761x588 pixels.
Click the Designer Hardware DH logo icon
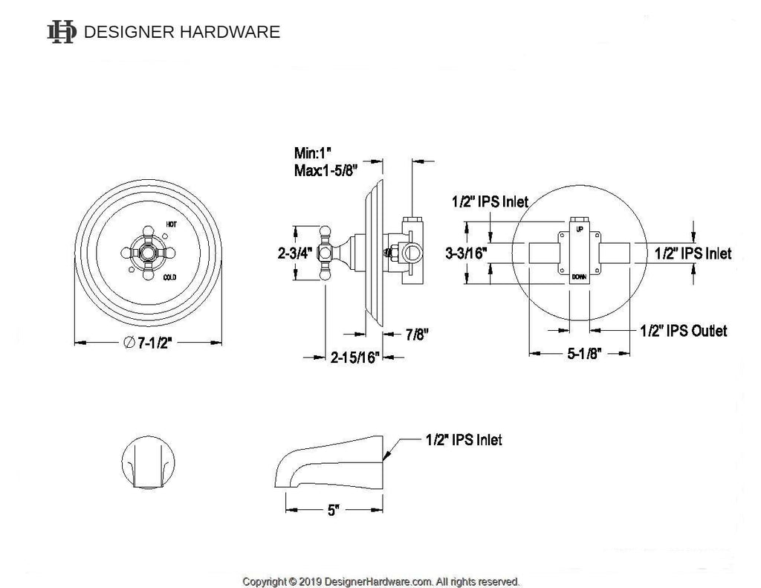[x=61, y=32]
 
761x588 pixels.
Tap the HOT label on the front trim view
[x=171, y=224]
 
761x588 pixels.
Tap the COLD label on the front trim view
[x=171, y=278]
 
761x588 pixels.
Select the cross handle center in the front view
[x=149, y=251]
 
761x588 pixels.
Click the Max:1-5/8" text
[x=326, y=171]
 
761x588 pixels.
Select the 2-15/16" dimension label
[x=354, y=358]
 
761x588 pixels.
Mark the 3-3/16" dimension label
[x=465, y=253]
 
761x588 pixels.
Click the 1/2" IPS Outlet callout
[x=683, y=330]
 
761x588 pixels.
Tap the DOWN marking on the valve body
[x=580, y=277]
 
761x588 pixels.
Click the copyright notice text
[x=380, y=581]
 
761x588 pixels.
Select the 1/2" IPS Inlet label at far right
[x=693, y=253]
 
